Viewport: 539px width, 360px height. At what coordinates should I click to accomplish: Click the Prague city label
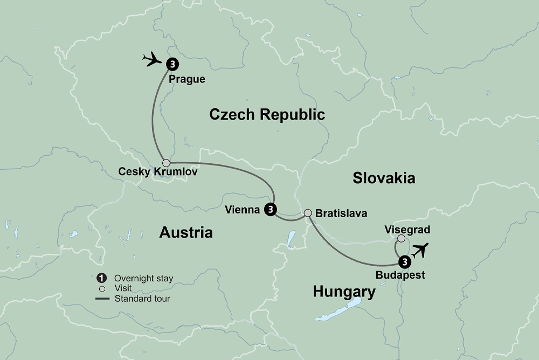pos(187,79)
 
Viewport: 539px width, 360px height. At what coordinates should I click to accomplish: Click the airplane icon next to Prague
pos(153,59)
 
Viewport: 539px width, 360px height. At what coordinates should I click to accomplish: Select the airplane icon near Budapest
pos(421,250)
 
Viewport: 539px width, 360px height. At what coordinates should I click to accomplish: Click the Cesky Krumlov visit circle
pos(167,163)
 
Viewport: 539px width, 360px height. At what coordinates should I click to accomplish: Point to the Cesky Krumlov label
pos(158,173)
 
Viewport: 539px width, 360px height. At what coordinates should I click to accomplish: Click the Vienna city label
pos(243,210)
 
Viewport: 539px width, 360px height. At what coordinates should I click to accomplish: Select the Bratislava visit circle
pos(308,213)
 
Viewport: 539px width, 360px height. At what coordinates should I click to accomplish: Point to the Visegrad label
pos(407,230)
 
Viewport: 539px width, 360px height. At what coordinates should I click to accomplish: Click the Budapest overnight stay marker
pos(404,262)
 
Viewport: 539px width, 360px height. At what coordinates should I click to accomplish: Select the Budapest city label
pos(401,275)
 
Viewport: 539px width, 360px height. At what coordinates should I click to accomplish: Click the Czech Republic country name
pos(267,114)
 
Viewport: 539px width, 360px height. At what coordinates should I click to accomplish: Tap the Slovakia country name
pos(384,178)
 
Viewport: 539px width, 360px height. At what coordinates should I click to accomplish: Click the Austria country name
pos(186,232)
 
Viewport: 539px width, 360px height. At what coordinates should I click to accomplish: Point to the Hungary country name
pos(344,292)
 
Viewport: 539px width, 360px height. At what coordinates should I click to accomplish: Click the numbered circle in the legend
pos(101,278)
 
